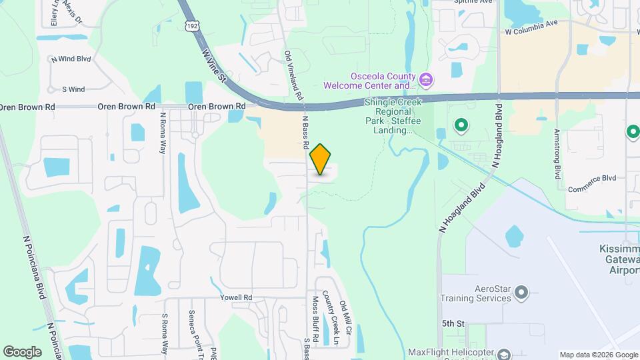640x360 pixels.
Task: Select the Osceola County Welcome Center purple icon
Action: coord(427,81)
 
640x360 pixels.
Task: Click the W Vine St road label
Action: coord(214,60)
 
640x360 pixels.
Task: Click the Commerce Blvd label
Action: coord(591,188)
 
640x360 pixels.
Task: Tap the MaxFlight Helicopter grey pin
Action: coord(505,353)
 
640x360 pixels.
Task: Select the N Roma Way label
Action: coord(163,133)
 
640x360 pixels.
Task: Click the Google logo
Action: coord(22,351)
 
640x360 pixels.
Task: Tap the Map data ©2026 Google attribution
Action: coord(598,355)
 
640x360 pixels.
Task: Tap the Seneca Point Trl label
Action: coord(192,330)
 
